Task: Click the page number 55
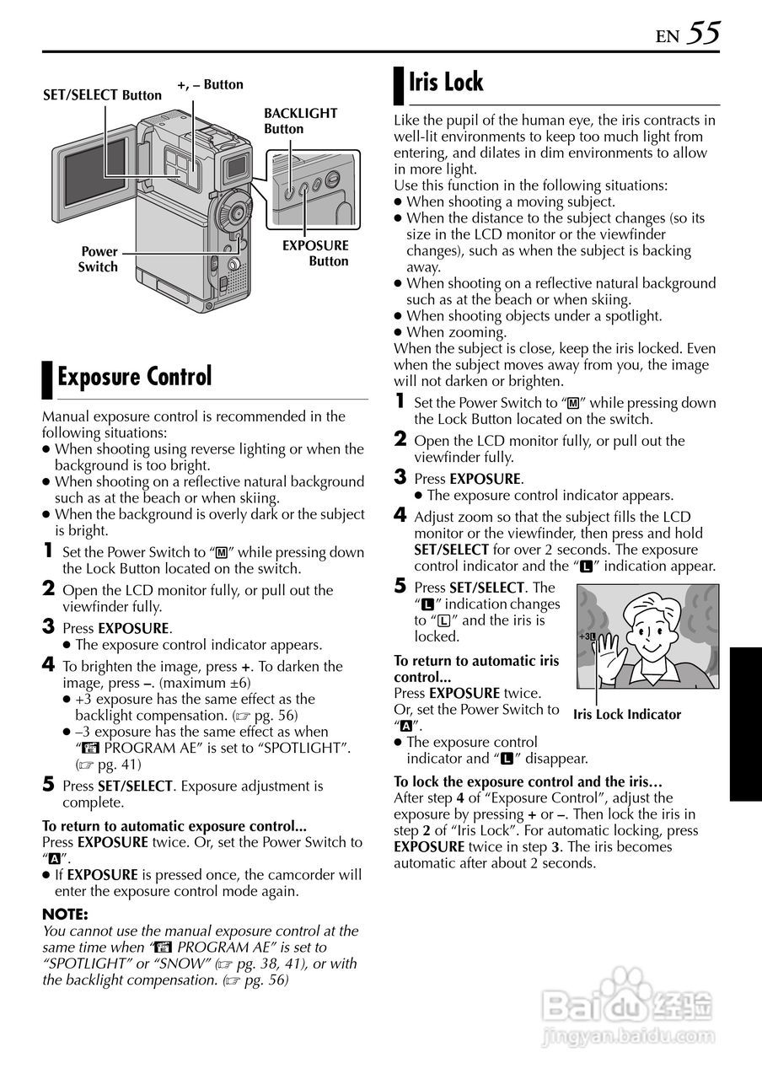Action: tap(703, 34)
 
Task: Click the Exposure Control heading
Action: tap(134, 377)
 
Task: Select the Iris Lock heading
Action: tap(446, 83)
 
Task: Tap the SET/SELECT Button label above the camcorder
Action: tap(102, 95)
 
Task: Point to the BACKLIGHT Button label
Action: tap(300, 121)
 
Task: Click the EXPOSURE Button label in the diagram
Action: tap(315, 253)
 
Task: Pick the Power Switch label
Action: tap(99, 259)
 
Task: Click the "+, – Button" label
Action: tap(210, 84)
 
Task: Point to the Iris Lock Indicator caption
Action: tap(627, 715)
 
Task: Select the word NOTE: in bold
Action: tap(65, 915)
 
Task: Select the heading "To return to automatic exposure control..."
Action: tap(174, 826)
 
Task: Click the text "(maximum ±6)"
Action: tap(206, 683)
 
